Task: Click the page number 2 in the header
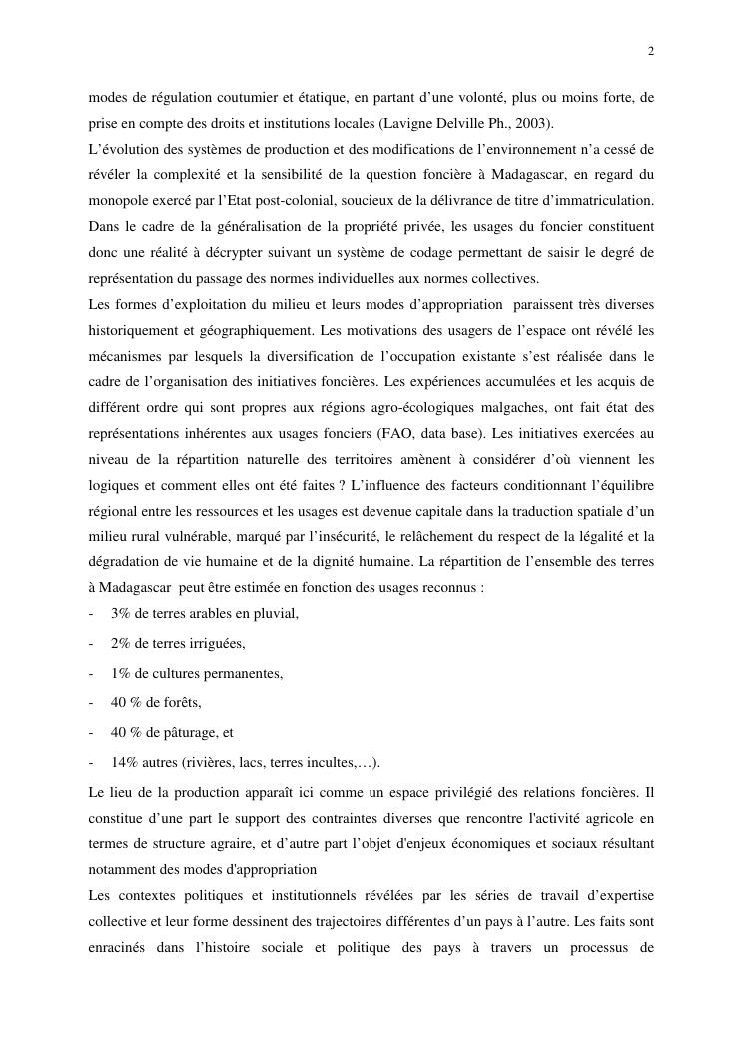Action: (x=651, y=52)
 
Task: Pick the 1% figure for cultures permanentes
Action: (x=121, y=673)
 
